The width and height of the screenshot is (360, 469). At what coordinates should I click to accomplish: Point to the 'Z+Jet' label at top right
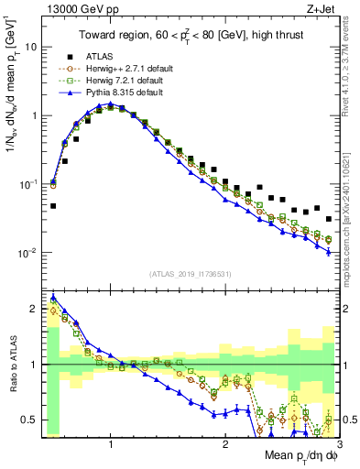pyautogui.click(x=321, y=8)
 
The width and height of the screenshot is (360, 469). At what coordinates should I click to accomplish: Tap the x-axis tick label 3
pyautogui.click(x=338, y=442)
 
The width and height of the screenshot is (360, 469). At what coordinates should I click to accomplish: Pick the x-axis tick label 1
pyautogui.click(x=111, y=442)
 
